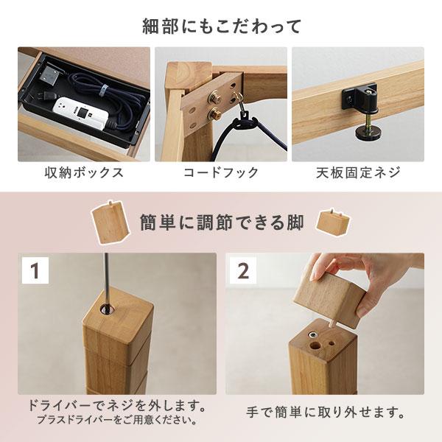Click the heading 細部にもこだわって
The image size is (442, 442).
(x=221, y=27)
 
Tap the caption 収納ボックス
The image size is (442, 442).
(x=83, y=173)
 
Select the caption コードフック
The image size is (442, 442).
(x=221, y=173)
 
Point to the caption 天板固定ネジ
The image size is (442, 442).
(x=358, y=173)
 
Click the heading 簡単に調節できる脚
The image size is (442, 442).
(x=221, y=222)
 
